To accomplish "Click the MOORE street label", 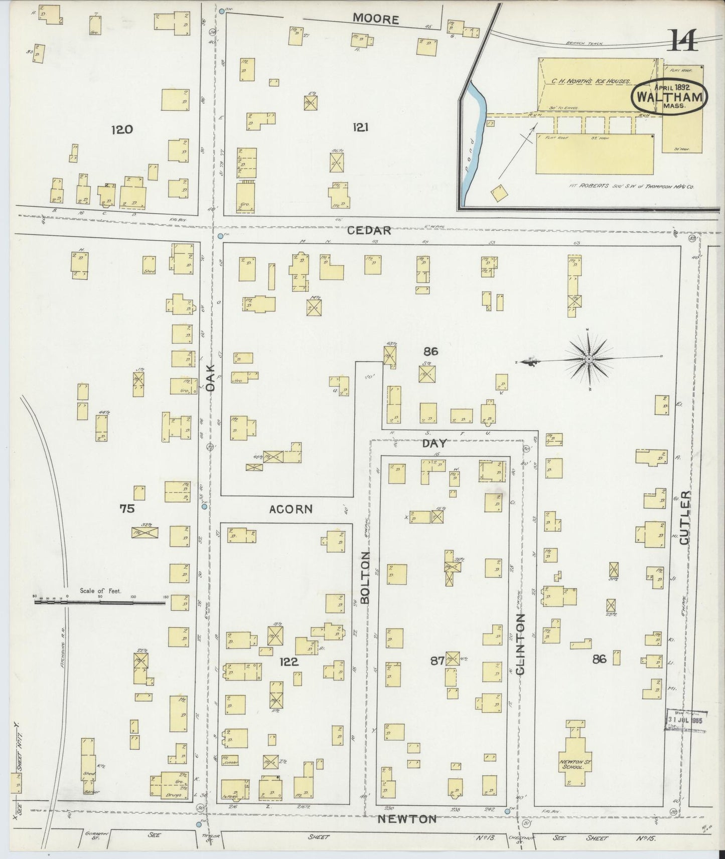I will [376, 19].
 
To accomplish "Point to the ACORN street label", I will [291, 509].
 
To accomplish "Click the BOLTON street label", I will [365, 577].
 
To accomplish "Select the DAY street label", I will [434, 444].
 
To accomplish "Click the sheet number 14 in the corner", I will [683, 41].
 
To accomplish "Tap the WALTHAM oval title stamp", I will [670, 97].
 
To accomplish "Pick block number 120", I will [122, 130].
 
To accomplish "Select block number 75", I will [127, 509].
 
